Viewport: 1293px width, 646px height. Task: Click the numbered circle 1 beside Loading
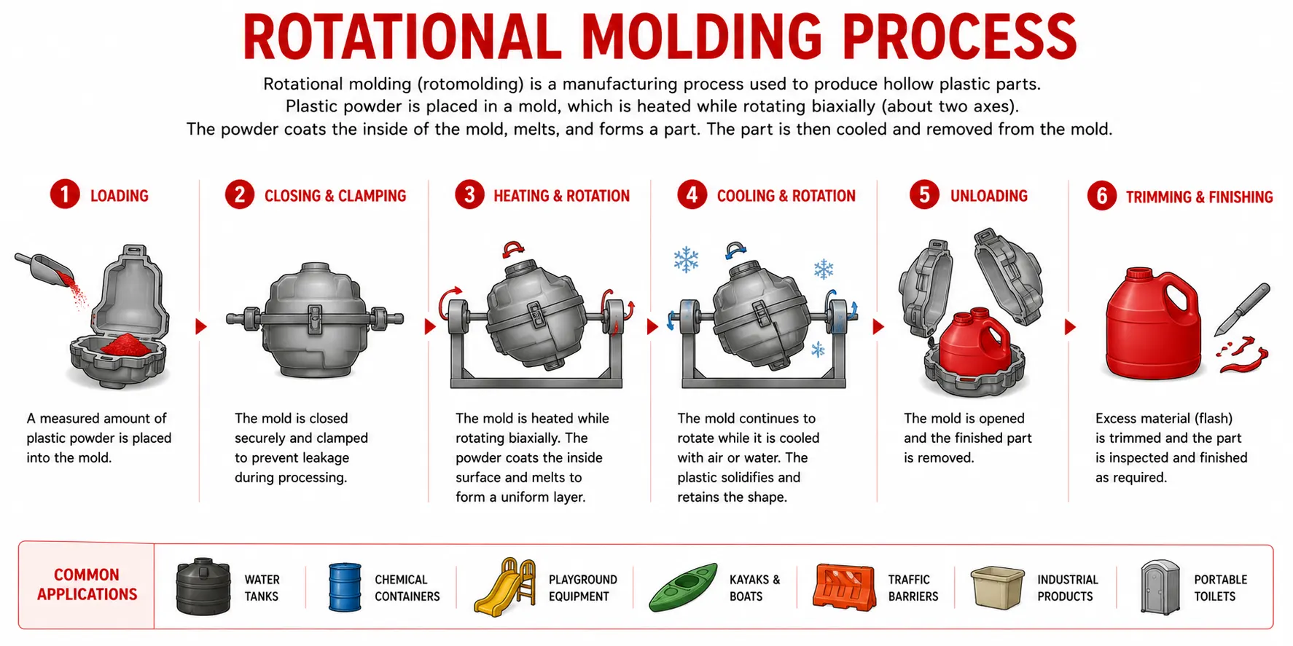click(x=65, y=194)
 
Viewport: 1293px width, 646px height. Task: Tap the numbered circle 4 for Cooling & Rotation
click(x=692, y=194)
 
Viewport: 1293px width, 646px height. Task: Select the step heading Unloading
click(x=988, y=196)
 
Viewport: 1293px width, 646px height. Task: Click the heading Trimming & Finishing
click(x=1199, y=197)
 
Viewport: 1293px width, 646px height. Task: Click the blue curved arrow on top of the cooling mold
click(x=736, y=250)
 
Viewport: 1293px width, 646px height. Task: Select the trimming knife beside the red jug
click(x=1243, y=310)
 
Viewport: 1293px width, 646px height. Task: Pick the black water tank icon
click(x=203, y=586)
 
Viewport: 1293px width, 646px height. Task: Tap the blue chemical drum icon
click(x=345, y=586)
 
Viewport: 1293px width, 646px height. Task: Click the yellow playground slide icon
click(x=504, y=587)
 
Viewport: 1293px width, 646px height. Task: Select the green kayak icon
click(x=683, y=586)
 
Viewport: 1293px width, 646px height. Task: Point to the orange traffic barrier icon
click(x=844, y=586)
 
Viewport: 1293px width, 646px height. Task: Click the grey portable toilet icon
click(x=1160, y=587)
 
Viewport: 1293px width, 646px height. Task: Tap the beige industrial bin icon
click(x=997, y=588)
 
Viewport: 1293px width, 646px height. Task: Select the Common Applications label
click(x=87, y=585)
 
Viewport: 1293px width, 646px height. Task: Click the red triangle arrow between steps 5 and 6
click(x=1070, y=327)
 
